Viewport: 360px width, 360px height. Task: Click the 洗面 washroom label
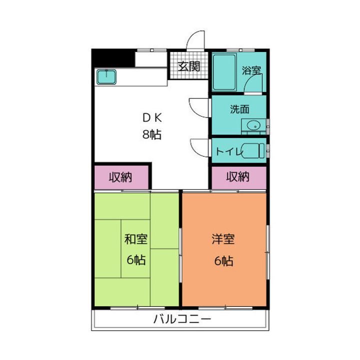pos(239,109)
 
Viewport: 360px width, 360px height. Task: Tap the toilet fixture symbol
pos(253,150)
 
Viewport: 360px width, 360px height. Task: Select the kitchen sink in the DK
pos(106,76)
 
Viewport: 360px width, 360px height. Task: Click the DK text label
pos(152,118)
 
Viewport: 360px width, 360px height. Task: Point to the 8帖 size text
pos(152,134)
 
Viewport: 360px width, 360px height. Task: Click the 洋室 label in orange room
pos(222,239)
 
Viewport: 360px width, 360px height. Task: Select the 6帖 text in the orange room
pos(222,260)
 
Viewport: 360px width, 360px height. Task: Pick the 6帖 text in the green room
pos(135,260)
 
